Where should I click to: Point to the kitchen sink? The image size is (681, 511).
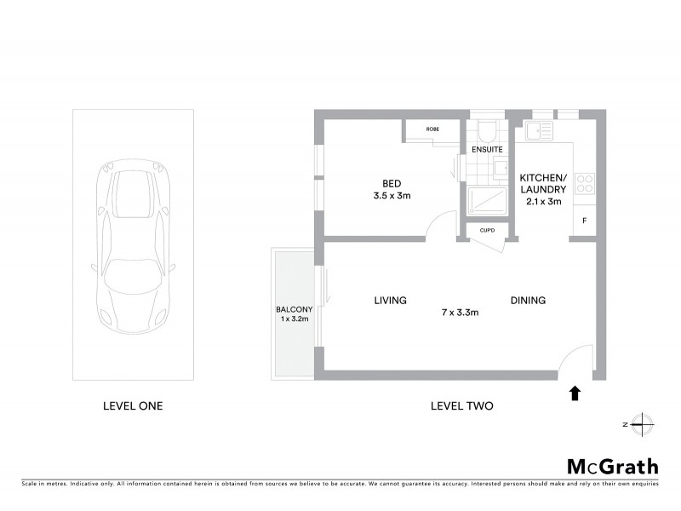click(x=539, y=130)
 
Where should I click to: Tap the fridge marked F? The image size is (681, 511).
click(x=584, y=221)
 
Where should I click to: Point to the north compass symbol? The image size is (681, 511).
click(x=644, y=423)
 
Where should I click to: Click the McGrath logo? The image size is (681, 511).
click(x=611, y=466)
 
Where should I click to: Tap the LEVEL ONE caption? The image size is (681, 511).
click(x=132, y=406)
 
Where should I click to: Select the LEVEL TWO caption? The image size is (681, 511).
click(x=462, y=406)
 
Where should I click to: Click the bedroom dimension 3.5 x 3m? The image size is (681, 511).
click(x=392, y=196)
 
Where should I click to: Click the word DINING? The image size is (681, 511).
click(x=528, y=300)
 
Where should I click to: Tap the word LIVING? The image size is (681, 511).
click(x=390, y=300)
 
